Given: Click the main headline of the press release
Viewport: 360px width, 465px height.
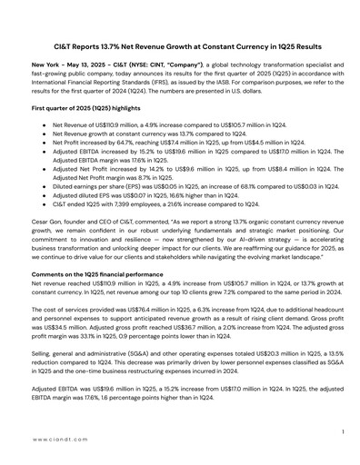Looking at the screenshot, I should (179, 44).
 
